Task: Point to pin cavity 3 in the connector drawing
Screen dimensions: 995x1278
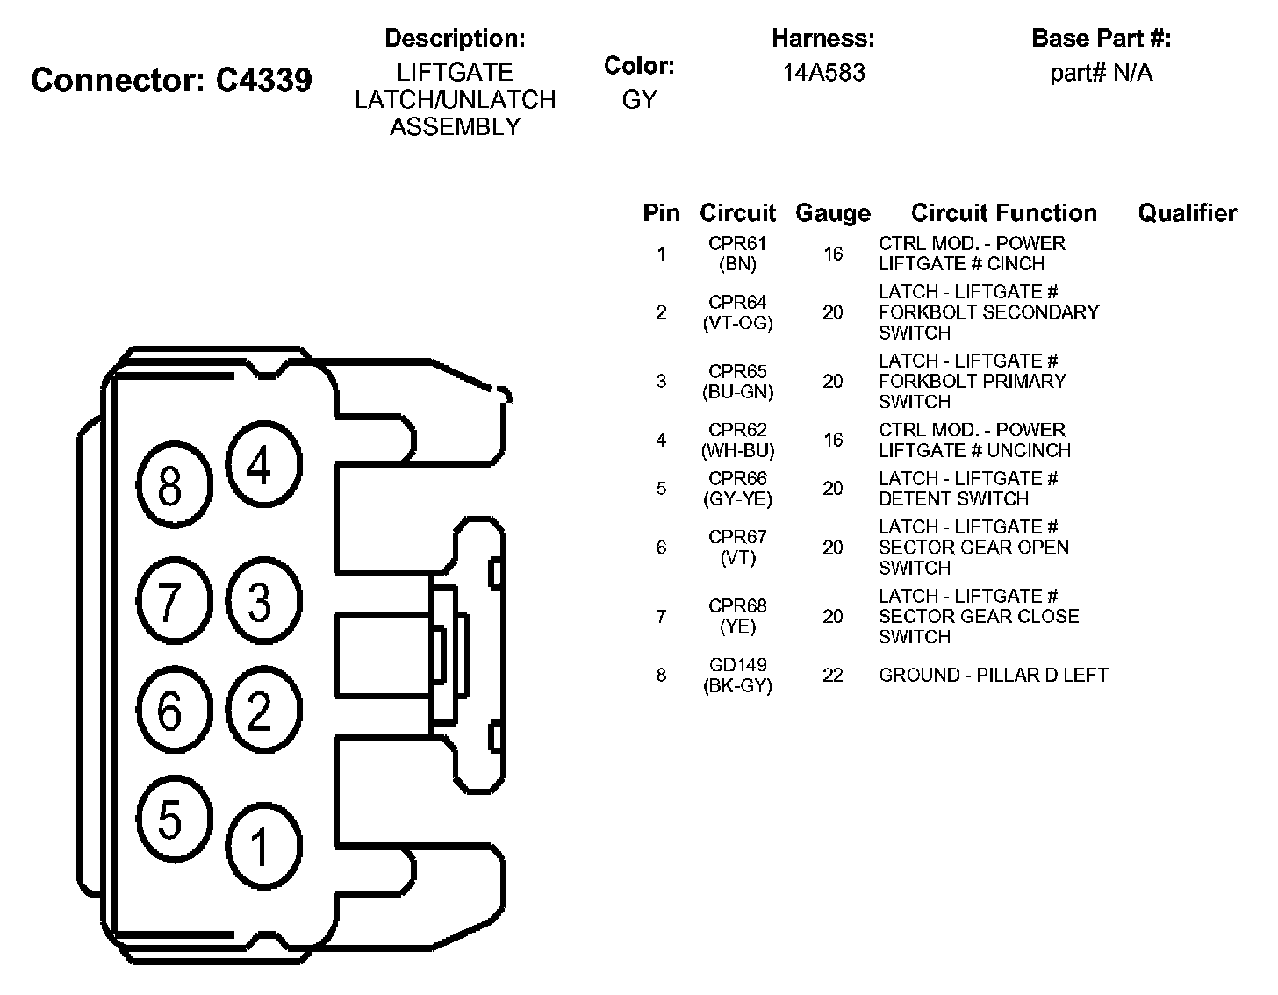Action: tap(260, 601)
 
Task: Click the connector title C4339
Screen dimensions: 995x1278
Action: tap(171, 80)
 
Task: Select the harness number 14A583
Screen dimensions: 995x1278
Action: tap(823, 73)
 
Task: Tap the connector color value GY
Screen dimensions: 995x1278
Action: tap(639, 100)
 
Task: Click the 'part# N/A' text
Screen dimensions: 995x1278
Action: tap(1101, 73)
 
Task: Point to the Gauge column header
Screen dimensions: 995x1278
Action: tap(832, 213)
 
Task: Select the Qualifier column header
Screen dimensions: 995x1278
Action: tap(1187, 213)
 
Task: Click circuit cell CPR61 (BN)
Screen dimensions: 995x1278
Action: tap(737, 254)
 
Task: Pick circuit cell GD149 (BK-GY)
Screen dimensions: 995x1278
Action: tap(737, 675)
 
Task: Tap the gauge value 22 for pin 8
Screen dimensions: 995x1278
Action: tap(832, 675)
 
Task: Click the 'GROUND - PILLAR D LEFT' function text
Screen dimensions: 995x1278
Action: tap(993, 675)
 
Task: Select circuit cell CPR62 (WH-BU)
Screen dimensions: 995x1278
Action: tap(737, 440)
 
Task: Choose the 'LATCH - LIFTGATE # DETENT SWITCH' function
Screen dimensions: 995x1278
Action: tap(967, 489)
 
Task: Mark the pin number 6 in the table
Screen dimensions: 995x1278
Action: tap(661, 548)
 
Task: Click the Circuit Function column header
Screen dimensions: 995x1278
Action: tap(1003, 213)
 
